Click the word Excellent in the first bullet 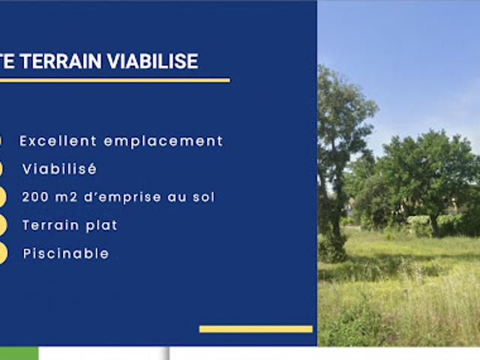point(58,141)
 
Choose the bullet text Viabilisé point(59,169)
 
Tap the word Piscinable point(65,253)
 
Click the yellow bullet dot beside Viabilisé point(2,169)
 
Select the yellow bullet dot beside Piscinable point(2,253)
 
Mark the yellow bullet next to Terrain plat point(2,225)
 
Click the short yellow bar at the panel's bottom point(256,328)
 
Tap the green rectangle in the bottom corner point(19,353)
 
